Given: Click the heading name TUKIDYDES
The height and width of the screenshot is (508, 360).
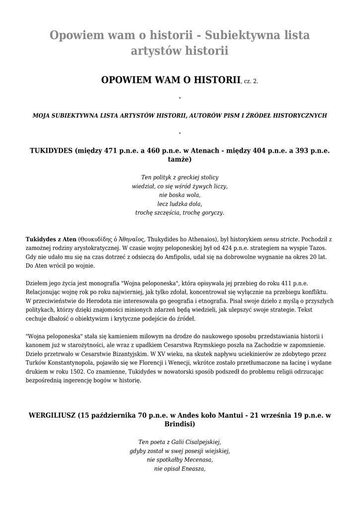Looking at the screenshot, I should tap(51, 150).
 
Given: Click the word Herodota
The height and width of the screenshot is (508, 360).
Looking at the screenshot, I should tap(97, 301).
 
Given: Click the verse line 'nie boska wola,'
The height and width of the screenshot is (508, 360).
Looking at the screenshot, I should tap(180, 195).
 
